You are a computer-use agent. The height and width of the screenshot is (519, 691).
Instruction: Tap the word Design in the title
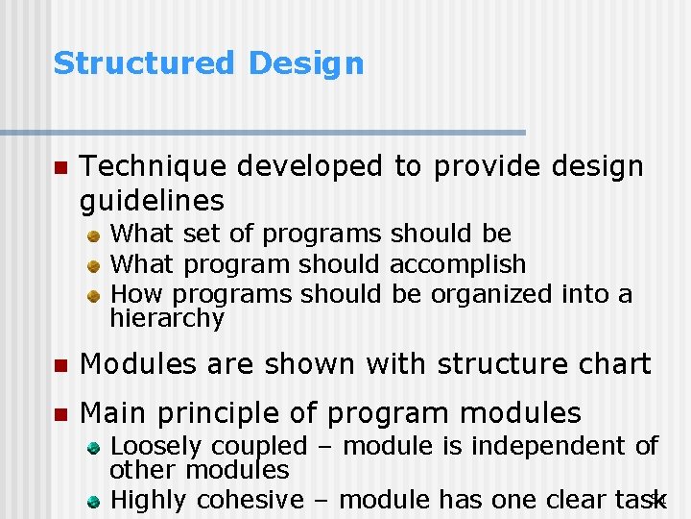coord(306,63)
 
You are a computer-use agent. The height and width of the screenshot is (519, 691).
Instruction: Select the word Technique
coord(154,167)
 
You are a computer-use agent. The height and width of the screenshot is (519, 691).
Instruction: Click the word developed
coord(311,167)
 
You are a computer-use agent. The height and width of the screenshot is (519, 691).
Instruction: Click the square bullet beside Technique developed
coord(60,168)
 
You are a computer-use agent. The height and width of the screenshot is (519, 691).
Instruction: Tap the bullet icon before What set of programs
coord(95,235)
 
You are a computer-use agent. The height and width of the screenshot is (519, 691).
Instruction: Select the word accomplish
coord(459,264)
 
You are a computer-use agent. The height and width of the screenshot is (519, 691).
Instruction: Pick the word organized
coord(490,294)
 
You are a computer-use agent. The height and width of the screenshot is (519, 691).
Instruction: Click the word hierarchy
coord(167,318)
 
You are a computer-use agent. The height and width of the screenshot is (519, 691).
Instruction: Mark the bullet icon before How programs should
coord(95,295)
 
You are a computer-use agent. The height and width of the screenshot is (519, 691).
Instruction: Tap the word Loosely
coord(156,447)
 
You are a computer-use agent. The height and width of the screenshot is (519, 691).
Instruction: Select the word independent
coord(546,446)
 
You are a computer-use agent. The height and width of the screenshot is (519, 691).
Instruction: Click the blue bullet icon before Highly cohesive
coord(95,501)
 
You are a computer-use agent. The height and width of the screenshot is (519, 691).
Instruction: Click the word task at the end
coord(638,500)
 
